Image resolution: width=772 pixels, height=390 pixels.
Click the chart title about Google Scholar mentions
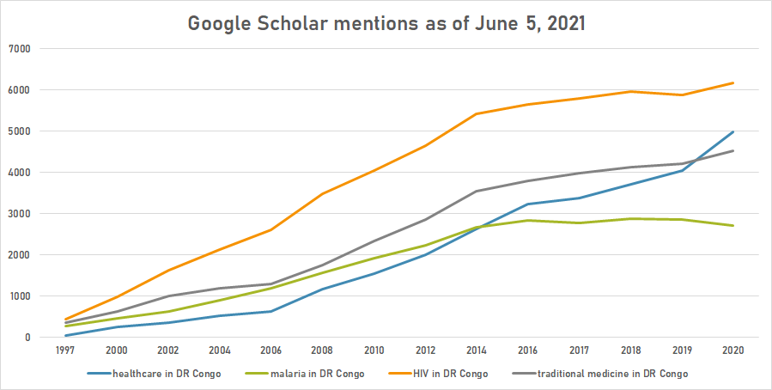click(386, 23)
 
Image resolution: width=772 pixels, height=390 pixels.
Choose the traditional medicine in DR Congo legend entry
click(611, 374)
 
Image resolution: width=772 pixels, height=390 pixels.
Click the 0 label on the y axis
click(27, 338)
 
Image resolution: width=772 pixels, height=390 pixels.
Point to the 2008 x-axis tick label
click(322, 351)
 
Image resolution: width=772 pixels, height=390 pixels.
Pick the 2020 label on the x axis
click(732, 351)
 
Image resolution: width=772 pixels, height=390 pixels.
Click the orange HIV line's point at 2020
click(732, 83)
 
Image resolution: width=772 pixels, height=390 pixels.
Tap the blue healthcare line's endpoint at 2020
click(732, 132)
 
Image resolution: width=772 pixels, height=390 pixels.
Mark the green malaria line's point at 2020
click(732, 226)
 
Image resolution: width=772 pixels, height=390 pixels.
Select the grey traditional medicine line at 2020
click(732, 151)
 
